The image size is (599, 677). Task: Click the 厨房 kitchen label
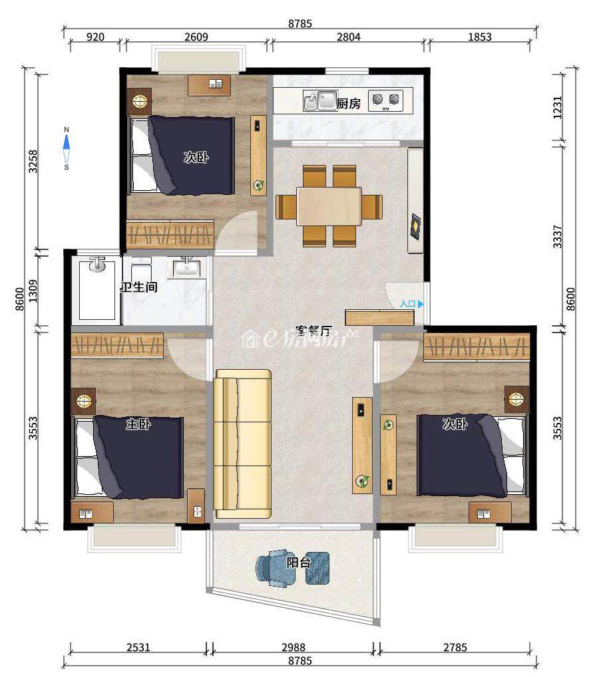pos(348,104)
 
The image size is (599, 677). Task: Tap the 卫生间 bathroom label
pos(138,287)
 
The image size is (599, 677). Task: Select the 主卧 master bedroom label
pos(138,424)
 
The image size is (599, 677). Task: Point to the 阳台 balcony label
pos(299,563)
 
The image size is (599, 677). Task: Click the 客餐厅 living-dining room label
pos(313,331)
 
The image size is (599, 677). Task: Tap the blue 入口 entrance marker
pos(411,304)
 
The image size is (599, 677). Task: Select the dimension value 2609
pos(196,37)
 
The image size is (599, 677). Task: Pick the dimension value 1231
pos(558,108)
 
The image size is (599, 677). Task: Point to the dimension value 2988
pos(294,647)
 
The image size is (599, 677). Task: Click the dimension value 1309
pos(33,291)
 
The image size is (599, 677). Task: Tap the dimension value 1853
pos(480,37)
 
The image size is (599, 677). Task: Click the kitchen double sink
pos(320,100)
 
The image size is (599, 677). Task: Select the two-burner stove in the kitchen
pos(385,100)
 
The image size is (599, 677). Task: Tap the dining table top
pos(329,206)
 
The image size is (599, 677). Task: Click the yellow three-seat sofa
pos(242,444)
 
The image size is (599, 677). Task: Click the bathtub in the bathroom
pos(97,289)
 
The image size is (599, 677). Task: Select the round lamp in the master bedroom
pos(83,400)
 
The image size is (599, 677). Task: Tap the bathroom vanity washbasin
pos(187,269)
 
